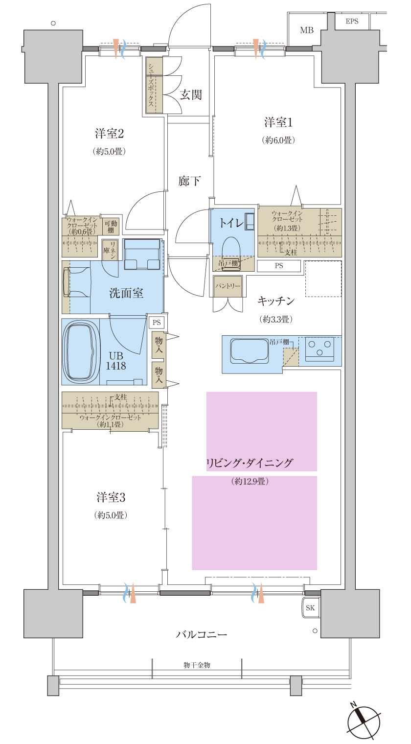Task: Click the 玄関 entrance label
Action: point(190,94)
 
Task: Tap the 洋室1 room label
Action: point(278,122)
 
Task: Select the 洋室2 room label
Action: point(109,134)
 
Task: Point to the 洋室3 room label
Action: point(111,498)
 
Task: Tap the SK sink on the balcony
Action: point(311,608)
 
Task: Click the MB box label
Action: point(307,30)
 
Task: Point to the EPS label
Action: point(352,22)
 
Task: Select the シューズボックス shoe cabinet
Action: point(151,86)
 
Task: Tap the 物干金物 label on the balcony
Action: point(197,665)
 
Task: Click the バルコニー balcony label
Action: point(202,635)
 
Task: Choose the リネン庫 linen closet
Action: point(110,249)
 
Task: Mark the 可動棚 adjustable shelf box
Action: point(111,227)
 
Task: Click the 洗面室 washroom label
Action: point(126,293)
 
